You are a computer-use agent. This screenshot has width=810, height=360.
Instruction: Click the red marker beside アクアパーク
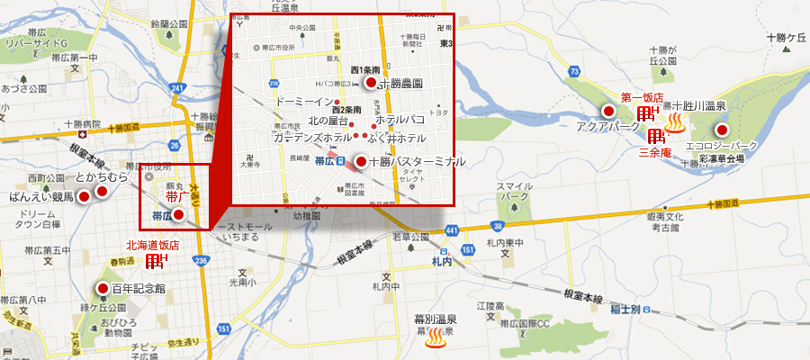(x=608, y=112)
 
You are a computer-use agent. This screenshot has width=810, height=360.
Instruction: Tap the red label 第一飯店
(x=642, y=96)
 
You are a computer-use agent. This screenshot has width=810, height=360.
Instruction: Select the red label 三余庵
(x=654, y=153)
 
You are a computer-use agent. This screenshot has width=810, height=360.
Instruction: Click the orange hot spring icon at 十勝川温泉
(x=674, y=122)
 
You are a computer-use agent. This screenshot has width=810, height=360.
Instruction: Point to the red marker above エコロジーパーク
(x=722, y=130)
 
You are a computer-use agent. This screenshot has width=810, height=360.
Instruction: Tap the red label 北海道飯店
(x=152, y=244)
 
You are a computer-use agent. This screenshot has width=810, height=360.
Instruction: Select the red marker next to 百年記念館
(x=103, y=289)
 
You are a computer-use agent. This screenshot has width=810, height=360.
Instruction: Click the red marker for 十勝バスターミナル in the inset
(x=361, y=162)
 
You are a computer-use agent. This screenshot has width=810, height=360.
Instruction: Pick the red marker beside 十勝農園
(x=370, y=83)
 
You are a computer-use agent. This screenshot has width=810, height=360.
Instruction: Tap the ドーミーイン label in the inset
(x=303, y=101)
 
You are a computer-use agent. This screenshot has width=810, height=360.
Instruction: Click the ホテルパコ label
(x=400, y=119)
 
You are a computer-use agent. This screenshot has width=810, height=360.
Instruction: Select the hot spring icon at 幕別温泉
(x=436, y=339)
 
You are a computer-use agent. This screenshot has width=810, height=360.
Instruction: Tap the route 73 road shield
(x=574, y=70)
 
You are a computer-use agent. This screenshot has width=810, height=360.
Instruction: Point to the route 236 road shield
(x=201, y=260)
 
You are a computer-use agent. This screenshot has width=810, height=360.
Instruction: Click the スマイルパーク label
(x=514, y=191)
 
